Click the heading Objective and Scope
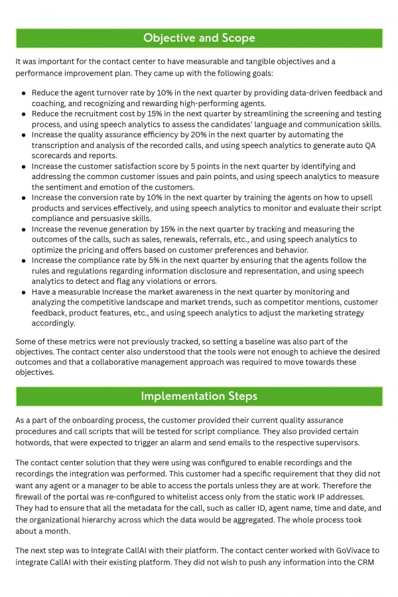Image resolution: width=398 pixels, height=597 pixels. click(x=199, y=38)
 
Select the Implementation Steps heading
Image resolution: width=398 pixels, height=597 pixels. click(x=199, y=396)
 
